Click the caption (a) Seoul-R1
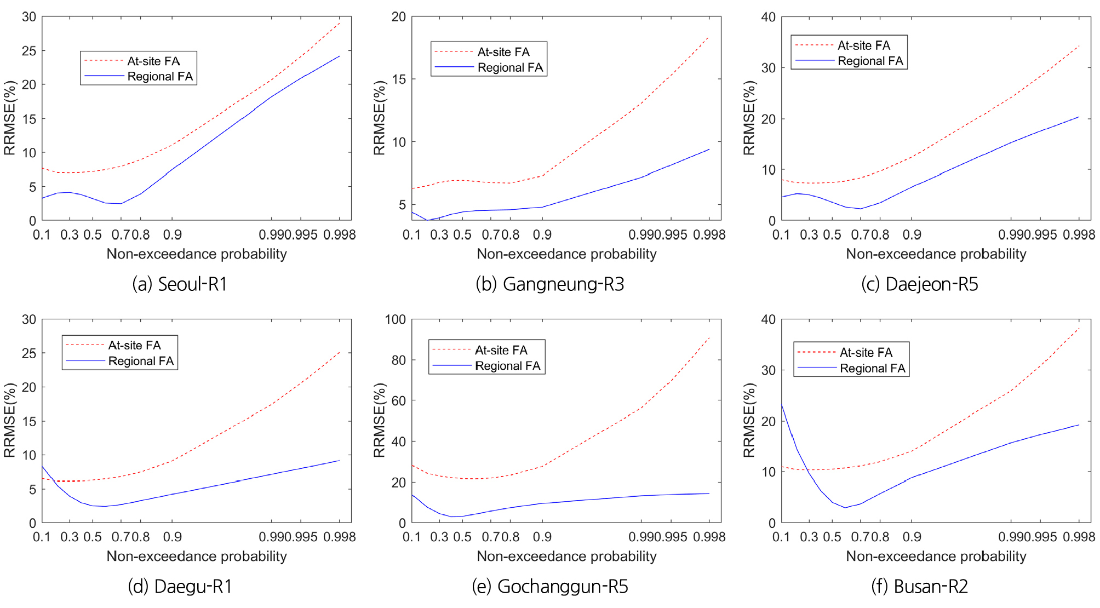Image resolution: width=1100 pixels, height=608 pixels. coord(180,284)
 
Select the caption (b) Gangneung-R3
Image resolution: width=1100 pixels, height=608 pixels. coord(549,284)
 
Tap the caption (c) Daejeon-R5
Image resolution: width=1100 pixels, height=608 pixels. coord(919,284)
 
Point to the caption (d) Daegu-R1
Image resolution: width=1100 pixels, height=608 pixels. coord(180,587)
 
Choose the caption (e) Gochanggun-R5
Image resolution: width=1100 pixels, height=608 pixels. coord(549,587)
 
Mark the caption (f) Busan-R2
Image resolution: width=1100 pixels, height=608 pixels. coord(919,587)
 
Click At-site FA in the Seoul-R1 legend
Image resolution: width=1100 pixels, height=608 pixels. coord(153,61)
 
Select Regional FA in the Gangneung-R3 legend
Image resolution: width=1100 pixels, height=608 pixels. coord(510,67)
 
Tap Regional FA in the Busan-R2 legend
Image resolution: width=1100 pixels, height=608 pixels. coord(873,368)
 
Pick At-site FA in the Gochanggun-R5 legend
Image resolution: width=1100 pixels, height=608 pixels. coord(501,350)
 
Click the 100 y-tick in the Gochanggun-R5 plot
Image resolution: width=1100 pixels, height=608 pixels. coord(396,319)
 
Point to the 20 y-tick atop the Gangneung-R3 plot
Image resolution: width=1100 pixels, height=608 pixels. coord(399,17)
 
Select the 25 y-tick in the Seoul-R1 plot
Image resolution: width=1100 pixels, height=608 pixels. coord(29,51)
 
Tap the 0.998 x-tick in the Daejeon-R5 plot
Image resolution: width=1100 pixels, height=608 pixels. coord(1079,235)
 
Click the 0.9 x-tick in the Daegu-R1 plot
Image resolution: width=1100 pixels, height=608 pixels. coord(173,537)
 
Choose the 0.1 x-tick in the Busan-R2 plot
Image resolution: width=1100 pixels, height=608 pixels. coord(781,537)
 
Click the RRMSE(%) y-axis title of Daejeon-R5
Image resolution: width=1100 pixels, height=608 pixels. coord(749,118)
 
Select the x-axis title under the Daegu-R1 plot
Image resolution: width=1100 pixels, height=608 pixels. coord(197,557)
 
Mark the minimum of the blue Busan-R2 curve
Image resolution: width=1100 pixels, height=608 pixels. coord(845,507)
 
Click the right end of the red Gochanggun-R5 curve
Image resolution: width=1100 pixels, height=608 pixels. coord(709,337)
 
